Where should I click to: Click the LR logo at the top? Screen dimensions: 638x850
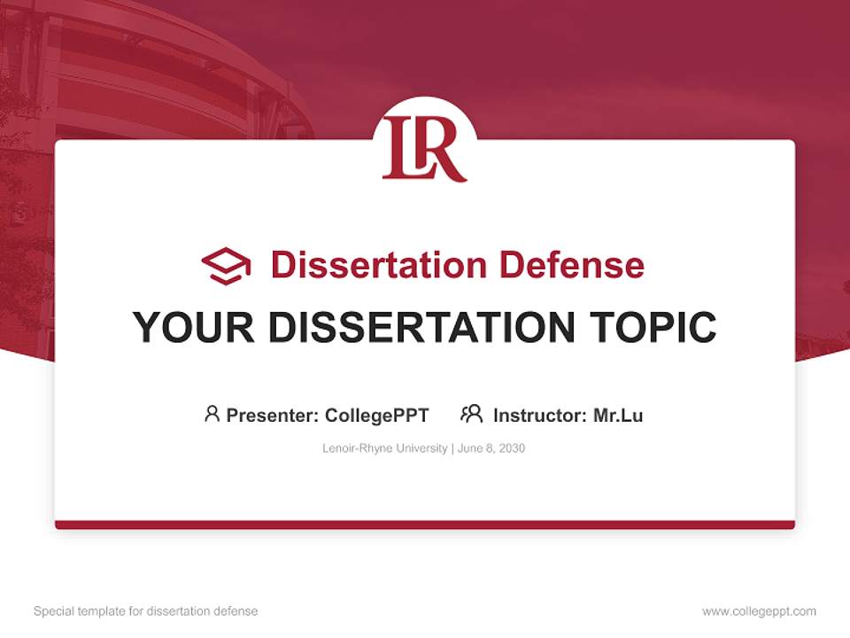424,147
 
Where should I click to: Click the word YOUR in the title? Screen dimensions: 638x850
194,327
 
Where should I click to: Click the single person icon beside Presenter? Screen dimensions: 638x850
212,414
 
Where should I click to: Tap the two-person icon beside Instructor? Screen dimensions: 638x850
471,414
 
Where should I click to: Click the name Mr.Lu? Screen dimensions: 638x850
618,415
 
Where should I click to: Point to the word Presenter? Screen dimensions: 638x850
273,415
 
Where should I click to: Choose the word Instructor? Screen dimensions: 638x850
540,415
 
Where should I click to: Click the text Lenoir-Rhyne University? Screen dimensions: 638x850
385,448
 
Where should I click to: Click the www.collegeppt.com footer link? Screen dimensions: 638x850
759,611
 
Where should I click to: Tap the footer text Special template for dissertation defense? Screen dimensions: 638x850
146,611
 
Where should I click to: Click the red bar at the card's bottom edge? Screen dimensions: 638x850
424,525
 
